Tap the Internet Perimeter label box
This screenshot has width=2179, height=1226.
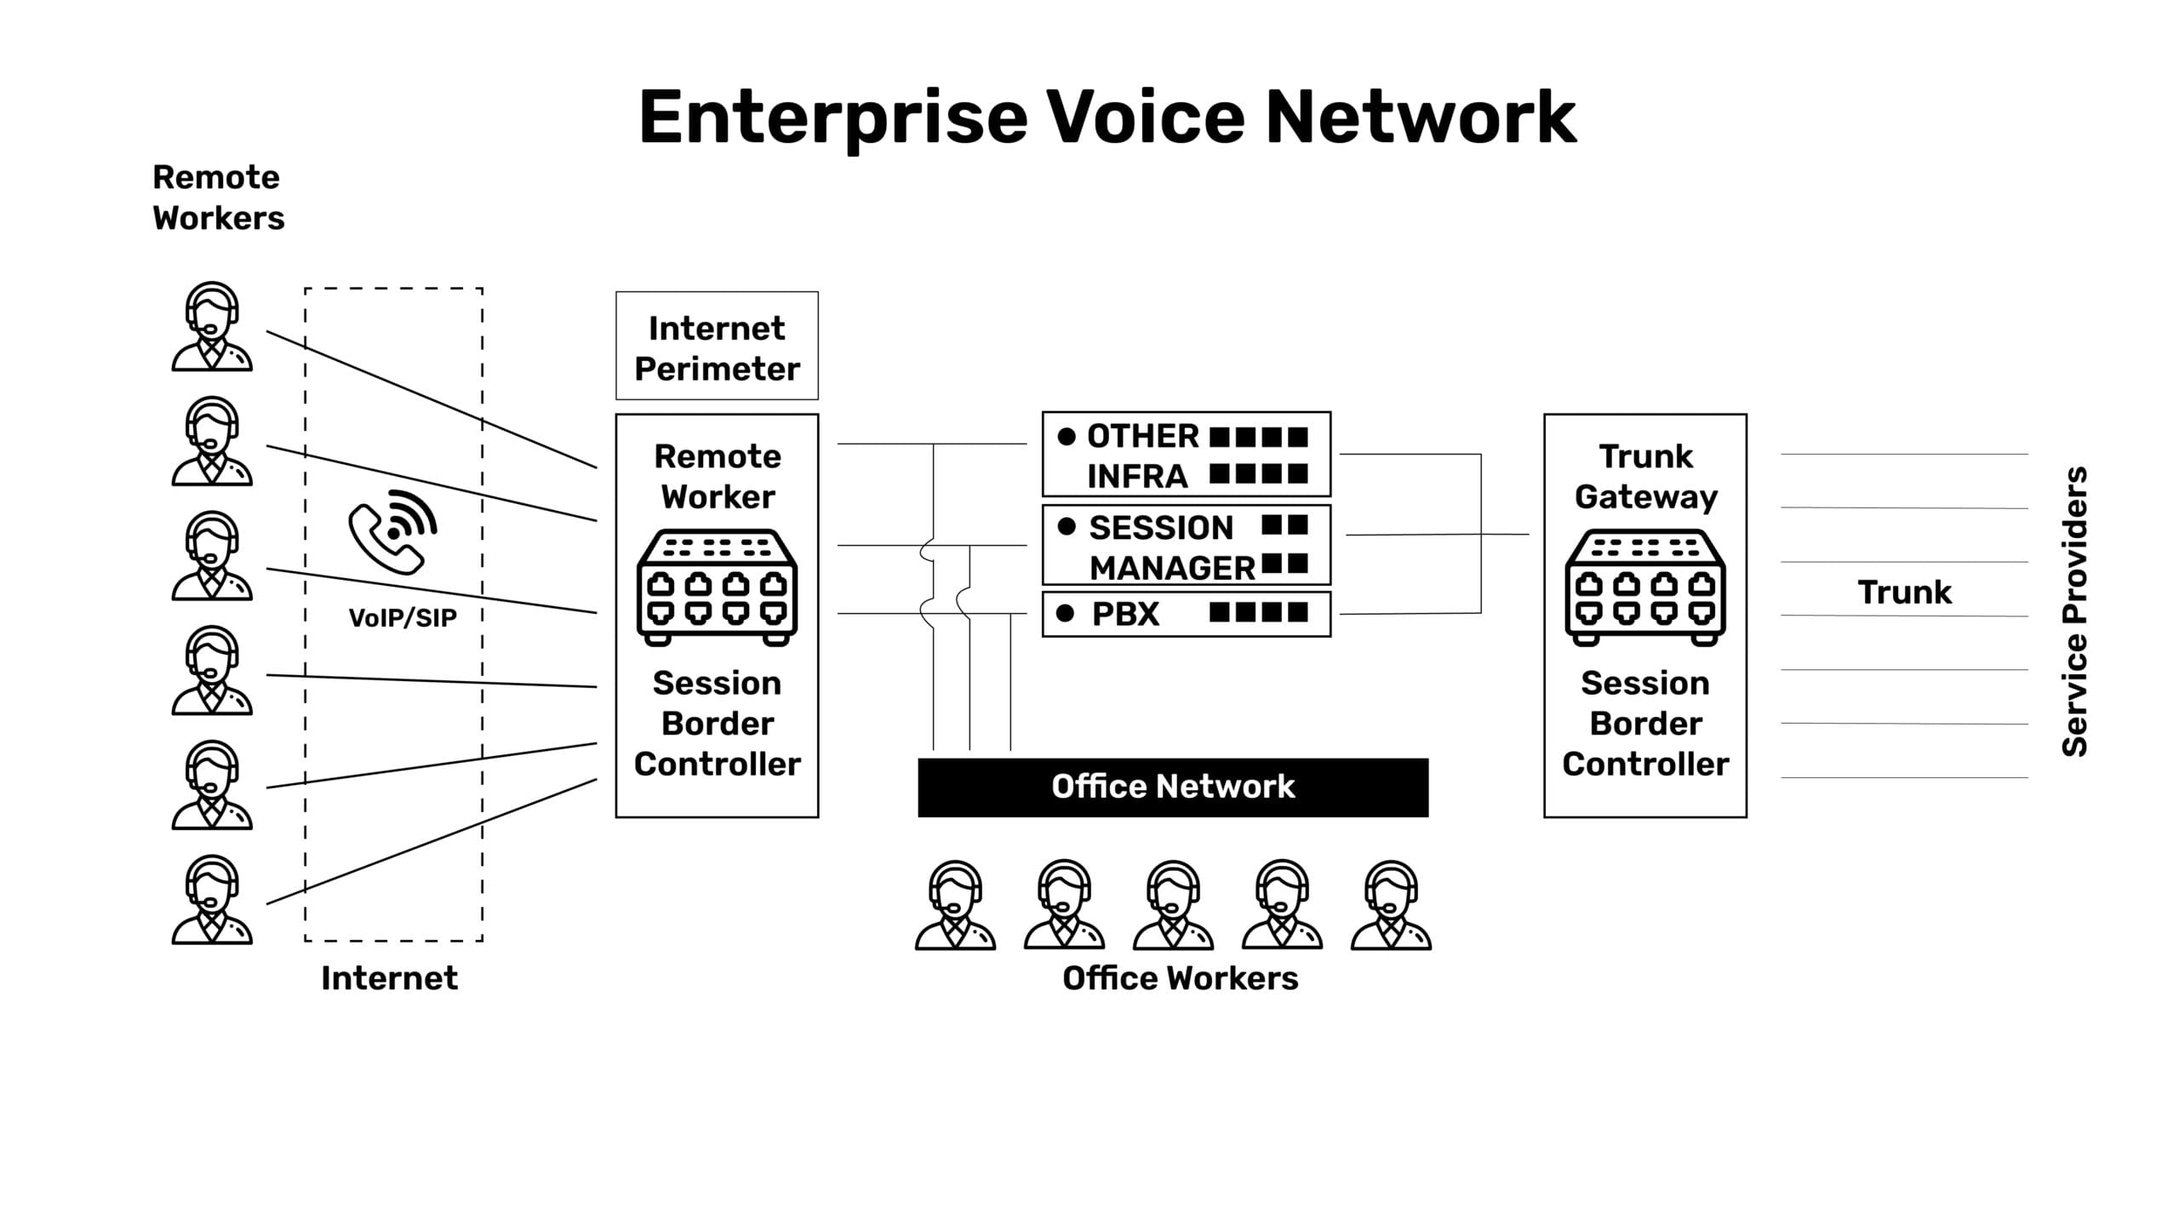click(717, 347)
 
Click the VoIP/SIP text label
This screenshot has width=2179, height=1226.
click(403, 618)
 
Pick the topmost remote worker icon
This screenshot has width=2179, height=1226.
click(212, 327)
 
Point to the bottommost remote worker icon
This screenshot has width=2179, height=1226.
click(212, 900)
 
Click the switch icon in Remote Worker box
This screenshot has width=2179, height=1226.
click(717, 587)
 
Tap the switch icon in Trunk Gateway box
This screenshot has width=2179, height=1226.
click(1644, 587)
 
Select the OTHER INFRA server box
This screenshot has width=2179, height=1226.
click(1186, 455)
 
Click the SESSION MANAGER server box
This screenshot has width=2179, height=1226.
click(1186, 546)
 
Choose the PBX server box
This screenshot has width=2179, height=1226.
click(1186, 614)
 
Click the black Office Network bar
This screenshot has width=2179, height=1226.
click(1173, 788)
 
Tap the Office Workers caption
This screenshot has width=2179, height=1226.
click(1180, 978)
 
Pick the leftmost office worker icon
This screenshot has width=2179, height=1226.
click(955, 905)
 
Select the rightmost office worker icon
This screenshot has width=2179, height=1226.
click(1391, 905)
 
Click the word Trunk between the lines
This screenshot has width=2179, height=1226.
click(1904, 593)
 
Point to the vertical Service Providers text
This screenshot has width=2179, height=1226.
click(2075, 611)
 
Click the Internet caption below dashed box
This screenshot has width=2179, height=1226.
click(389, 978)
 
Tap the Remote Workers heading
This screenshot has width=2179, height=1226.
click(218, 198)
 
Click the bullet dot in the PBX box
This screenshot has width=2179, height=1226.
click(1064, 613)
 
